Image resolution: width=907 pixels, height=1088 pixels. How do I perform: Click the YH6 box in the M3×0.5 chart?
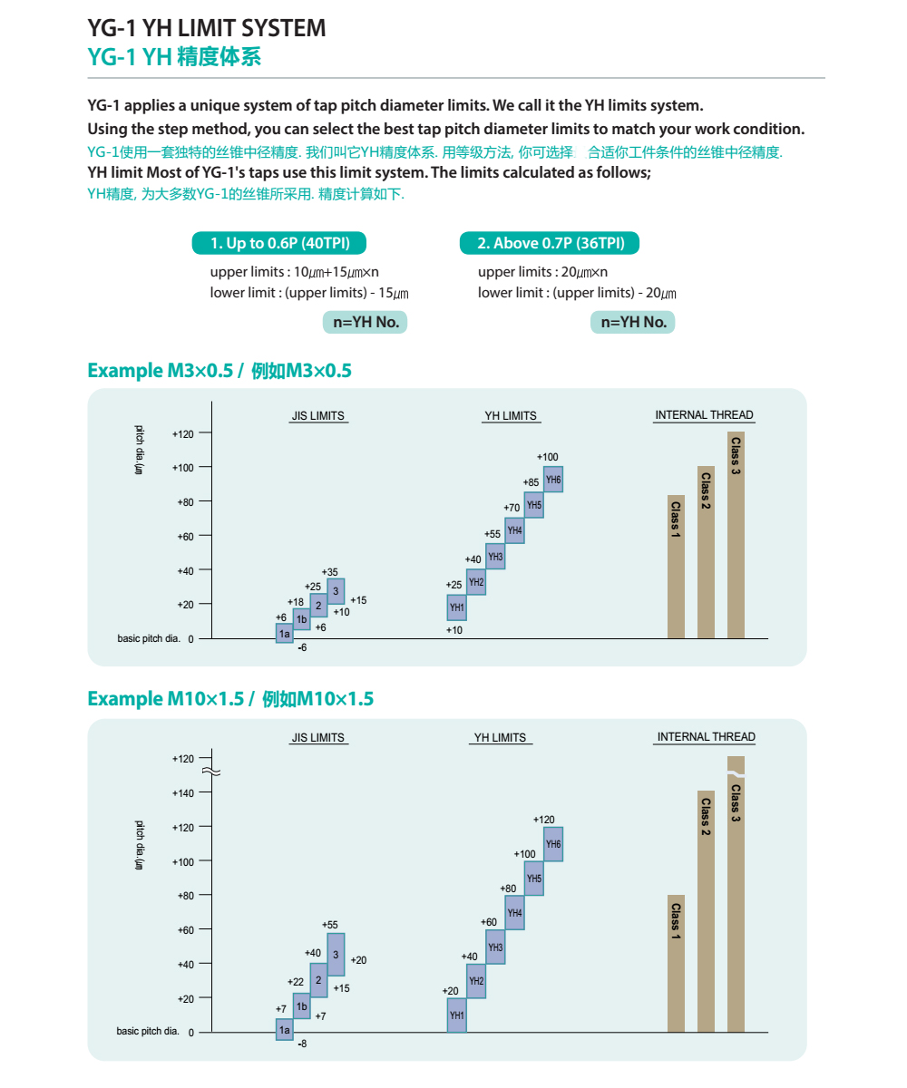[x=553, y=480]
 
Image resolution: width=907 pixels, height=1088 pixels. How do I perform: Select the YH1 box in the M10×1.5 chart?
[x=457, y=1015]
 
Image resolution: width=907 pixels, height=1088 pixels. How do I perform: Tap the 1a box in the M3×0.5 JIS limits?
[x=285, y=633]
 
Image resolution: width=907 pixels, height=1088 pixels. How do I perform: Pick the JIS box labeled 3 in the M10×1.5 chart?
[x=336, y=954]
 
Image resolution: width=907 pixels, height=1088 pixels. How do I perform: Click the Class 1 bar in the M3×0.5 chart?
[x=676, y=567]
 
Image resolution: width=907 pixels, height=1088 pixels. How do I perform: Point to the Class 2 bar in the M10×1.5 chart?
[x=706, y=911]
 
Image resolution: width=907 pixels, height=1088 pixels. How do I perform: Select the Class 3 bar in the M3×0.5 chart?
[x=736, y=535]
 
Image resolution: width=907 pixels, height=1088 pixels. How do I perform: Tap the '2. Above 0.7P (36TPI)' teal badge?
[x=550, y=243]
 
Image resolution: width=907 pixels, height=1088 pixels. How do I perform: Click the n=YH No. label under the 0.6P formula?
[x=365, y=322]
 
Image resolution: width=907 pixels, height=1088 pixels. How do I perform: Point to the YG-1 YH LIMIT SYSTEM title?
[x=207, y=28]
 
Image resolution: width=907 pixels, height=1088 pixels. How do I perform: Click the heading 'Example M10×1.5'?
[x=230, y=699]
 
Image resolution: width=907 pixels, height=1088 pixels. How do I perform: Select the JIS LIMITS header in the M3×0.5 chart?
[x=317, y=416]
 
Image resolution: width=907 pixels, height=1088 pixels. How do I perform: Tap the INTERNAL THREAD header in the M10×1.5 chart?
[x=706, y=737]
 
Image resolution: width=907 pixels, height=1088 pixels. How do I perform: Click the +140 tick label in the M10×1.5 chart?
[x=183, y=793]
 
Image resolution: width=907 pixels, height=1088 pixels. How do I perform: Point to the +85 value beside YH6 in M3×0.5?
[x=531, y=482]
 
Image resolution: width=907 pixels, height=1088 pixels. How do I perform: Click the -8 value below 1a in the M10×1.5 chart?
[x=303, y=1044]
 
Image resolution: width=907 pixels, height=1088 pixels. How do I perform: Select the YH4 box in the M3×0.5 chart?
[x=514, y=530]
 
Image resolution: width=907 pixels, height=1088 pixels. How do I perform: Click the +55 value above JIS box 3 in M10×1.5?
[x=329, y=925]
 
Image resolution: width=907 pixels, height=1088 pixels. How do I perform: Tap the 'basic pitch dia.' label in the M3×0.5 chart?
[x=148, y=639]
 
